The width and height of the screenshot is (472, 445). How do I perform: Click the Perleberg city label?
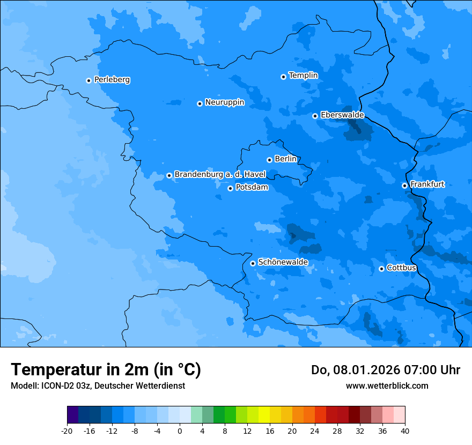tap(112, 80)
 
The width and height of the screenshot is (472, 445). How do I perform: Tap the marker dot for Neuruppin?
tap(200, 103)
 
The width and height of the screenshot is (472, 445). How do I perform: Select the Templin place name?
tap(303, 76)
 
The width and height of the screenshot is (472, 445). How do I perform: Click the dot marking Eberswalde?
tap(315, 116)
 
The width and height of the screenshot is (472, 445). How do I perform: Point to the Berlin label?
tap(285, 159)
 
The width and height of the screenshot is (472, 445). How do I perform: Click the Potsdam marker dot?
tap(230, 188)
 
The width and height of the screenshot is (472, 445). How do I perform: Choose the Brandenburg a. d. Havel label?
tap(220, 175)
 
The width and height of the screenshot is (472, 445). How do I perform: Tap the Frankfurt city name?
tap(427, 184)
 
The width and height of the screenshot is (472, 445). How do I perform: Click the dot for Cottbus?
tap(381, 269)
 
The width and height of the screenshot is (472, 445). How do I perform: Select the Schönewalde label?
tap(283, 262)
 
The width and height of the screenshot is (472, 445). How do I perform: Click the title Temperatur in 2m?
tap(106, 370)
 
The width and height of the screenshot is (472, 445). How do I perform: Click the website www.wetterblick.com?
tap(387, 385)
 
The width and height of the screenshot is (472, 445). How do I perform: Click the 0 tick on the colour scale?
tap(180, 431)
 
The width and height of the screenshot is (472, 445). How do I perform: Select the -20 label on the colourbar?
tap(67, 431)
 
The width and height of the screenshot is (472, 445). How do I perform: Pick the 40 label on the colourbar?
tap(405, 431)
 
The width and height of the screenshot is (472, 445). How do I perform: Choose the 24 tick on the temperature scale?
tap(315, 431)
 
